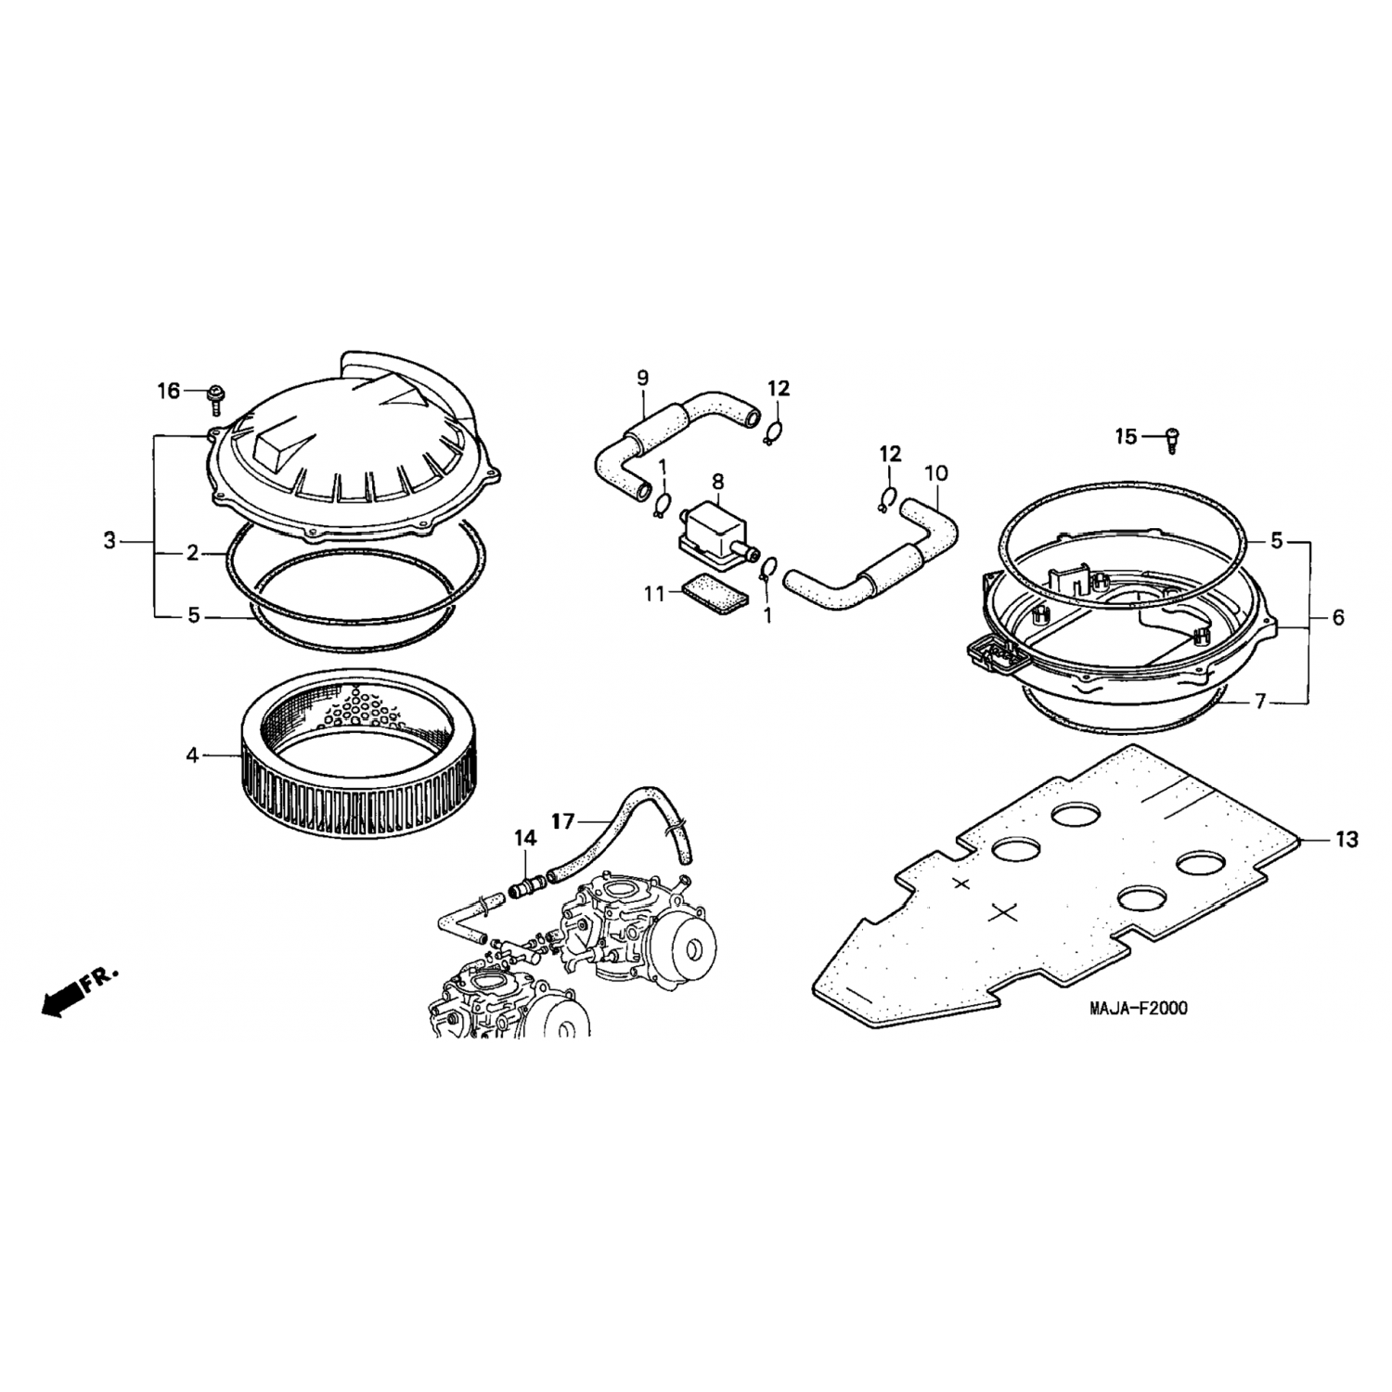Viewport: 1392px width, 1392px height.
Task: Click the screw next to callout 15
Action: [1171, 439]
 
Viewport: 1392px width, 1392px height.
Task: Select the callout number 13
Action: [1347, 840]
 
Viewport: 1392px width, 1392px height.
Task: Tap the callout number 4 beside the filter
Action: [192, 755]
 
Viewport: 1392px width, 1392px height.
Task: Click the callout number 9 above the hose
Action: [642, 378]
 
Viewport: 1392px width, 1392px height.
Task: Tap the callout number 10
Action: [936, 473]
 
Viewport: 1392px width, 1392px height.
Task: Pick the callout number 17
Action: [563, 820]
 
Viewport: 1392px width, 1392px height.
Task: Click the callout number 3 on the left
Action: [110, 540]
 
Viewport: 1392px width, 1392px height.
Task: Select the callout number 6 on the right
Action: [1337, 617]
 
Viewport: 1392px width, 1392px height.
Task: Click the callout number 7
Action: [1259, 702]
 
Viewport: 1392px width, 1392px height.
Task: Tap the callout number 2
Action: [192, 554]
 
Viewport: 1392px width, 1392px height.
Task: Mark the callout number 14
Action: [525, 838]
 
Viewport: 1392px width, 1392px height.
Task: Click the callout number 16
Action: [168, 391]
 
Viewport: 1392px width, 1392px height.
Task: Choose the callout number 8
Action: [717, 481]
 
